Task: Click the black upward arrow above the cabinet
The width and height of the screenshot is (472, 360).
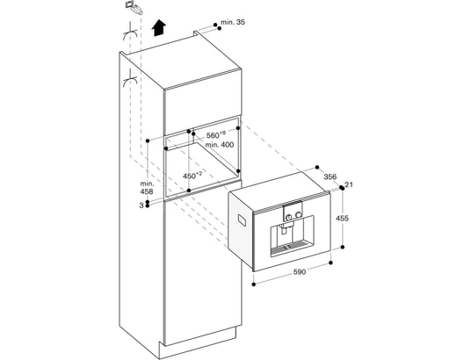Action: (158, 28)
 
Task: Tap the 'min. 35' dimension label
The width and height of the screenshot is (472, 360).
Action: (233, 22)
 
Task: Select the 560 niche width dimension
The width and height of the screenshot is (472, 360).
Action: (216, 135)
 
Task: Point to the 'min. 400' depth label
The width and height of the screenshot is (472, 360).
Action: (220, 145)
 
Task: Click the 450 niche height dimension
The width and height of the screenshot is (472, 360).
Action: (192, 176)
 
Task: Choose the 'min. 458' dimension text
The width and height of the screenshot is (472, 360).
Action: (147, 187)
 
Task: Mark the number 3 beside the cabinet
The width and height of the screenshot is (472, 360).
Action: (142, 205)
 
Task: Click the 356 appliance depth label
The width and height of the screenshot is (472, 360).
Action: (330, 176)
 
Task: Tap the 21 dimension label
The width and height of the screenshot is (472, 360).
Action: (349, 184)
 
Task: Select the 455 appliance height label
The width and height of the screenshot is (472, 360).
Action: (342, 218)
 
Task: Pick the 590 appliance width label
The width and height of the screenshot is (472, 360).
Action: (300, 272)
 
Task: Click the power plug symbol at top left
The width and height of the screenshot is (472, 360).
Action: (133, 7)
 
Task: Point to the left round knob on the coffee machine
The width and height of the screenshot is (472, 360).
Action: (288, 216)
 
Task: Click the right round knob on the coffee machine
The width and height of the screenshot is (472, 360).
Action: (299, 214)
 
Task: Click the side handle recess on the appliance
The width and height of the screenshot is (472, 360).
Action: (242, 220)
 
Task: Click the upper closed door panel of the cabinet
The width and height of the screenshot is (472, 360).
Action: (202, 102)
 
